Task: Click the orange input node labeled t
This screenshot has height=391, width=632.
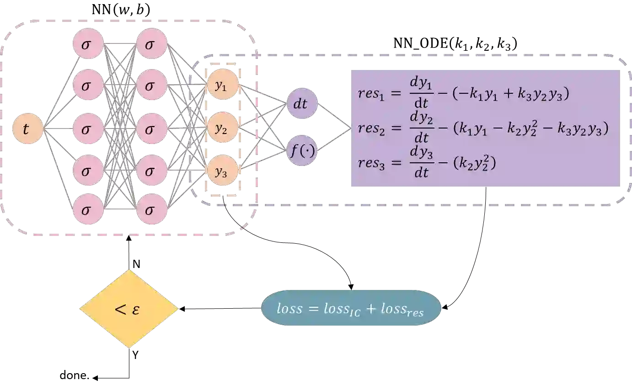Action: [x=27, y=129]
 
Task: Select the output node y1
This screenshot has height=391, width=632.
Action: [x=222, y=86]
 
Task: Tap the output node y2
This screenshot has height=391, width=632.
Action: [x=222, y=129]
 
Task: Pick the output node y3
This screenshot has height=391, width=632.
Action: [x=222, y=171]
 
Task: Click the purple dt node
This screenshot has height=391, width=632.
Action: [x=301, y=104]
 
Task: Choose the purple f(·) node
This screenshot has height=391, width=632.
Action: [x=301, y=150]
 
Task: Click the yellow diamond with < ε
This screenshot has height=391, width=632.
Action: [x=129, y=309]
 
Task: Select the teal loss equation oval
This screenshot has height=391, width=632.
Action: [x=351, y=308]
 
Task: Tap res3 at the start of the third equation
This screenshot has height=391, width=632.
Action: [x=372, y=163]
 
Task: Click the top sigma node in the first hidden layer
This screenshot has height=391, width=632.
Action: [x=88, y=44]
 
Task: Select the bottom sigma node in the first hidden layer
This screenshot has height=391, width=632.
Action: [x=88, y=209]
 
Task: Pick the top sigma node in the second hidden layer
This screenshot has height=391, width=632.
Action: [x=152, y=44]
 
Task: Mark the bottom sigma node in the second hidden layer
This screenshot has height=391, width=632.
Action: [x=152, y=209]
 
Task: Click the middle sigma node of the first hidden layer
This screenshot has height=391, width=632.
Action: [x=88, y=129]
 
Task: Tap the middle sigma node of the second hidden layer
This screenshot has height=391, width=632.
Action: [x=152, y=129]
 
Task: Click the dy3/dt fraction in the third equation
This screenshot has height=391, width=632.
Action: [x=421, y=163]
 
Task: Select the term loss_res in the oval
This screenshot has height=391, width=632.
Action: [x=402, y=309]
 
